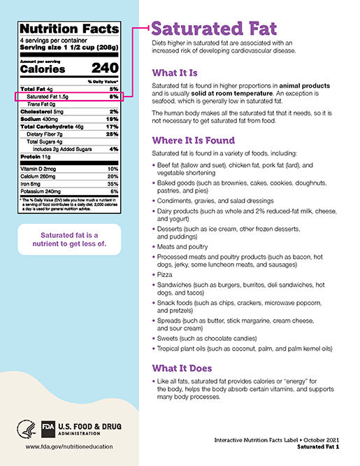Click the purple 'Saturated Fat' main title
click(213, 30)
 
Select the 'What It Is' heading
click(175, 73)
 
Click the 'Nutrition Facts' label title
click(70, 30)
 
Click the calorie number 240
click(105, 69)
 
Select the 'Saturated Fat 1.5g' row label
click(47, 97)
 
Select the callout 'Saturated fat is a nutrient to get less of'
click(69, 239)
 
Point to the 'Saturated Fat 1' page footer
click(317, 446)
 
